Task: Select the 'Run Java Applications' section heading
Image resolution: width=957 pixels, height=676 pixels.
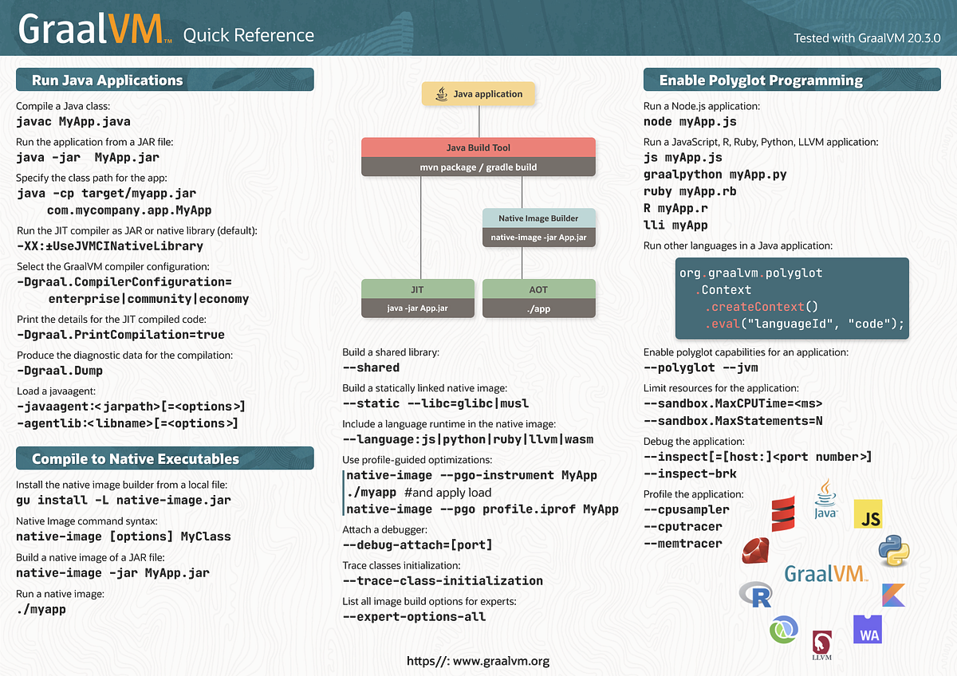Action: tap(107, 80)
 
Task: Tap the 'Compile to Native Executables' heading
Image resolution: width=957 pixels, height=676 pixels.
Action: tap(135, 458)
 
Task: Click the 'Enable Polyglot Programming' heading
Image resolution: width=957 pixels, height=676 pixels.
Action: tap(760, 80)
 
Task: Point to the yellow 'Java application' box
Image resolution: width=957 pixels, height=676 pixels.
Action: tap(478, 94)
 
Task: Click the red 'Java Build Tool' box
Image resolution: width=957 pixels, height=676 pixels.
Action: tap(478, 147)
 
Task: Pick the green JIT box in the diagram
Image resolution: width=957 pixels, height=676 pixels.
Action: tap(417, 289)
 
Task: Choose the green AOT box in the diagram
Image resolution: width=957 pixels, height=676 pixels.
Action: tap(539, 289)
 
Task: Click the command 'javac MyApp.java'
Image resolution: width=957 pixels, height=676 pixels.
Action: tap(73, 122)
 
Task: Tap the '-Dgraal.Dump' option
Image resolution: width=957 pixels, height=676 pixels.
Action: tap(59, 371)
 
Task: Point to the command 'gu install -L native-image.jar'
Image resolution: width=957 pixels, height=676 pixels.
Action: tap(124, 500)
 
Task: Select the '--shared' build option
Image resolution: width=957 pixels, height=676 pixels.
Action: tap(371, 367)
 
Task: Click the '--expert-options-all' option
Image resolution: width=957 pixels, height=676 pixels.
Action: tap(414, 616)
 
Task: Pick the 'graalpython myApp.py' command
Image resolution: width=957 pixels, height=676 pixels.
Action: tap(715, 174)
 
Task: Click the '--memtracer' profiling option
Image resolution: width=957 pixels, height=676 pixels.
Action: tap(683, 544)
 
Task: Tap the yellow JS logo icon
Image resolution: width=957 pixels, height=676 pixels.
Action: tap(868, 515)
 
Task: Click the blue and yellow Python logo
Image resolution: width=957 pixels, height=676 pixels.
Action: tap(893, 551)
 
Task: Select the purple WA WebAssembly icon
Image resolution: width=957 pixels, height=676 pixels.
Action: tap(868, 629)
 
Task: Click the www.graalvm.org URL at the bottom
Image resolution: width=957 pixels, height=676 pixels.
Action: tap(478, 661)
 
